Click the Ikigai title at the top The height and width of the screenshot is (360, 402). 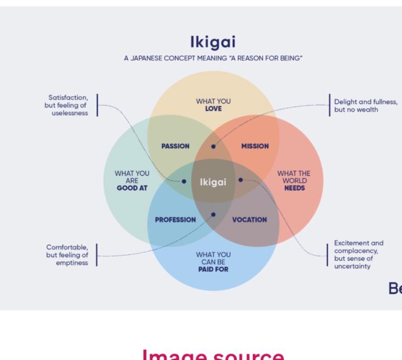click(x=213, y=43)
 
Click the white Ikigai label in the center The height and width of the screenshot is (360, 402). click(x=213, y=182)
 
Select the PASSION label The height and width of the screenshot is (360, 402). click(x=175, y=146)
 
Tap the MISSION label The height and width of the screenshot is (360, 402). click(x=255, y=146)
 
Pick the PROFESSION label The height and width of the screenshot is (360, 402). click(x=175, y=220)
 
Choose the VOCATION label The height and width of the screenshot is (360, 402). click(x=249, y=220)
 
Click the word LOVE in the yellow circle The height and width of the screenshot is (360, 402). click(x=213, y=109)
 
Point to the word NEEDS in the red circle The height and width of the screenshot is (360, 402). click(x=294, y=189)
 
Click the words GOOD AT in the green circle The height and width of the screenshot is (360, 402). click(x=132, y=189)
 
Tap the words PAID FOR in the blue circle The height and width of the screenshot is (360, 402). click(x=213, y=269)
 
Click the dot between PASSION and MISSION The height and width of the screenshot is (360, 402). click(x=213, y=147)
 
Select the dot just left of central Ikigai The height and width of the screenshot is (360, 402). click(x=184, y=181)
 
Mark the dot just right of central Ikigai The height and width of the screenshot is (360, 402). click(x=241, y=180)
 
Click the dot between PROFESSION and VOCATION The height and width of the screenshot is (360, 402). click(x=213, y=214)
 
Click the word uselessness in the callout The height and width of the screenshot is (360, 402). click(x=69, y=113)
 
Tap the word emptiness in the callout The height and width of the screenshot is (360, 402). click(x=72, y=263)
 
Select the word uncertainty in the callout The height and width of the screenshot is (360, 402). click(x=352, y=267)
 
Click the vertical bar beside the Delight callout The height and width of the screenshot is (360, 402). click(x=329, y=105)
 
